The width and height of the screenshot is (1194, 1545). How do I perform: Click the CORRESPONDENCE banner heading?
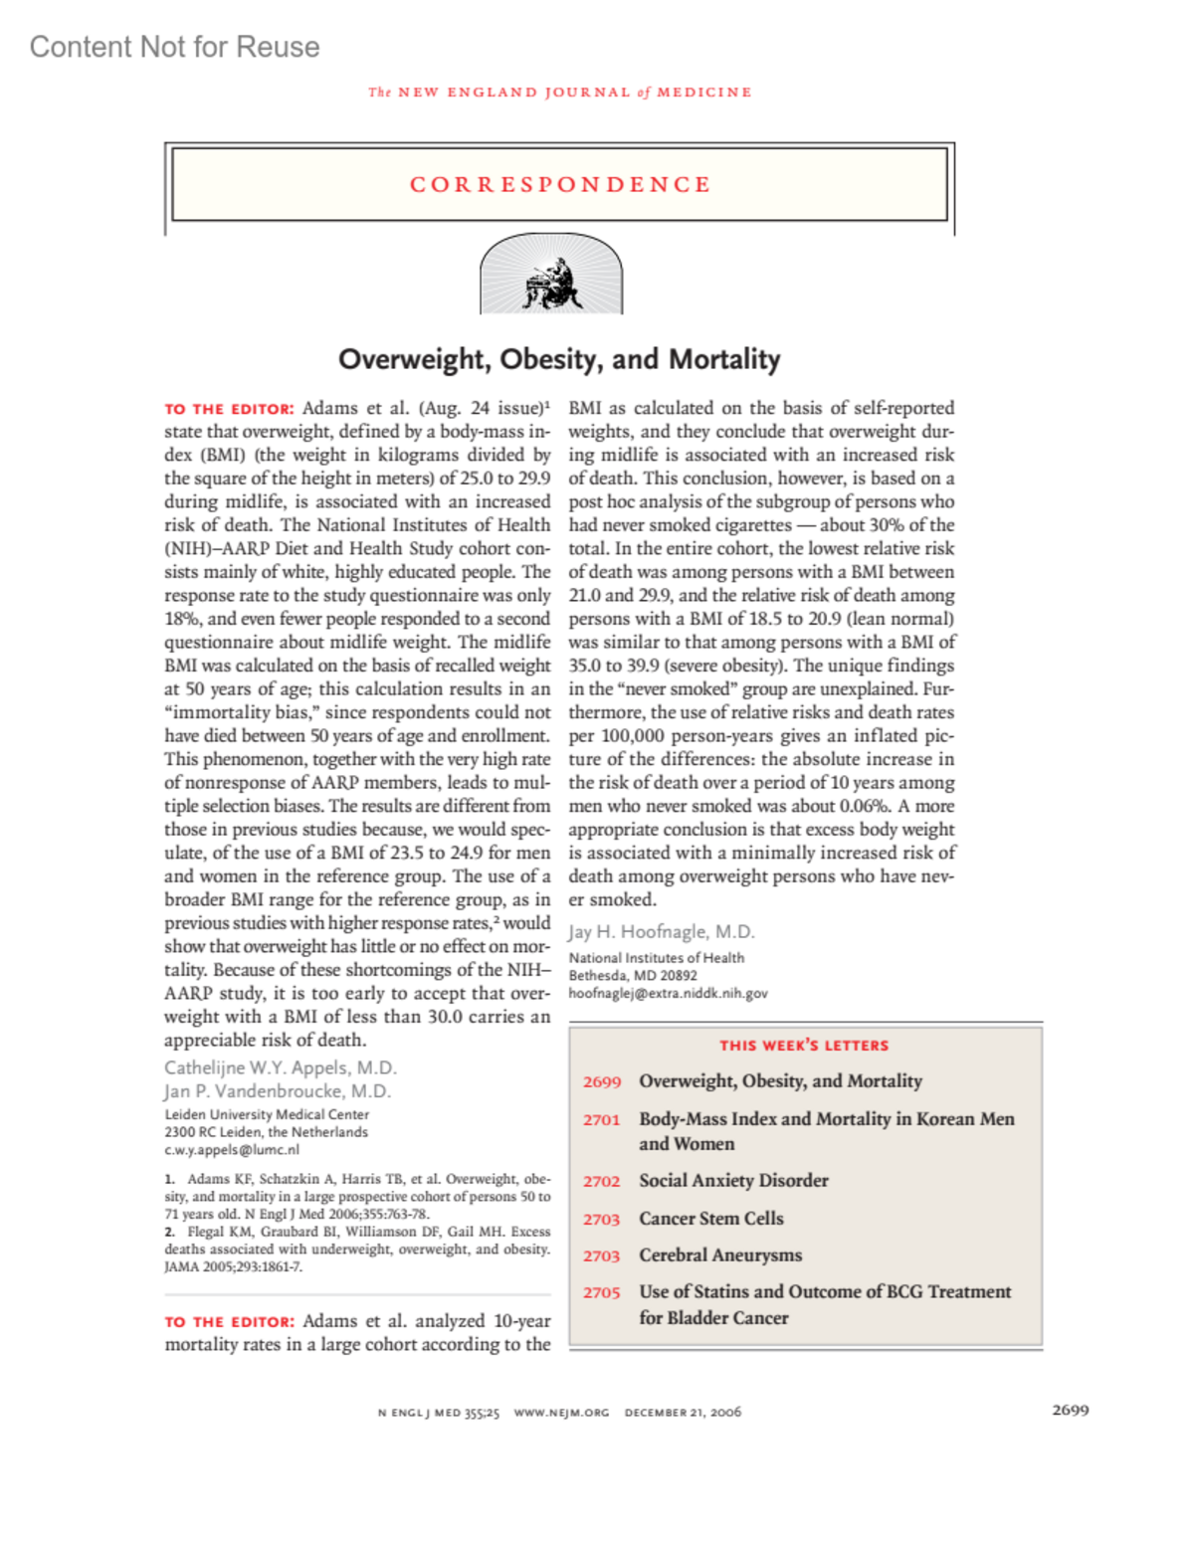(560, 185)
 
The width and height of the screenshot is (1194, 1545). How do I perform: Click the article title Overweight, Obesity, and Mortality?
(559, 359)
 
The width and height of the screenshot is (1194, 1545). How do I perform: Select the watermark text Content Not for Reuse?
(174, 47)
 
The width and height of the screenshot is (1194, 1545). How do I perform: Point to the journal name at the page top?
(559, 93)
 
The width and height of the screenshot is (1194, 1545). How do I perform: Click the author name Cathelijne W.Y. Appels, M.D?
(280, 1067)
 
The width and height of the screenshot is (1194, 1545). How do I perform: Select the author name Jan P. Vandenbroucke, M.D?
(277, 1090)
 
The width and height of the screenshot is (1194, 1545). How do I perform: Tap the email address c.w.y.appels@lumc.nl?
(231, 1150)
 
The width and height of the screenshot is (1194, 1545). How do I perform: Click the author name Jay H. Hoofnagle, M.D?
(661, 932)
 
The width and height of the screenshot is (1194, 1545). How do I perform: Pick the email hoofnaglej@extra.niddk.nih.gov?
(668, 993)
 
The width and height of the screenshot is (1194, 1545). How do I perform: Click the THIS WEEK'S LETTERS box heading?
(804, 1046)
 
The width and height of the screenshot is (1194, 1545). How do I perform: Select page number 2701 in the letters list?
(601, 1120)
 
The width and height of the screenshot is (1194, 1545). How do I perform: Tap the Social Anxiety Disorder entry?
(733, 1181)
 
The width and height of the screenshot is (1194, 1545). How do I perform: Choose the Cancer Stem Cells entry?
(710, 1219)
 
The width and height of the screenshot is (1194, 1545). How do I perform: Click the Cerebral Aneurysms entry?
(720, 1255)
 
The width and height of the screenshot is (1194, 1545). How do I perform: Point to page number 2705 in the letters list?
(601, 1292)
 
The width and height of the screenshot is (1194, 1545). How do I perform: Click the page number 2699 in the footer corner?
(1070, 1410)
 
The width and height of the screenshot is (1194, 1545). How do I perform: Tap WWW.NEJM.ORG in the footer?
(561, 1413)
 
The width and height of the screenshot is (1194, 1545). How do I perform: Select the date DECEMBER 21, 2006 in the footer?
(683, 1413)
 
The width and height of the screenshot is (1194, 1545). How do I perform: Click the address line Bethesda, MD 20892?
(632, 975)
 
